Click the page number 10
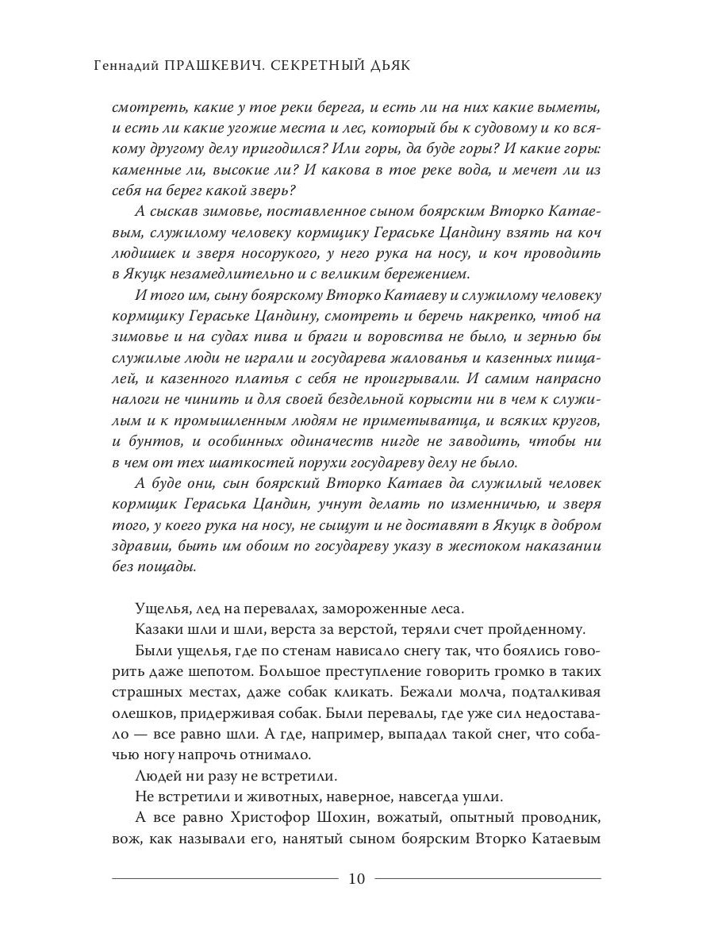[x=356, y=878]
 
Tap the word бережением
[x=425, y=274]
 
